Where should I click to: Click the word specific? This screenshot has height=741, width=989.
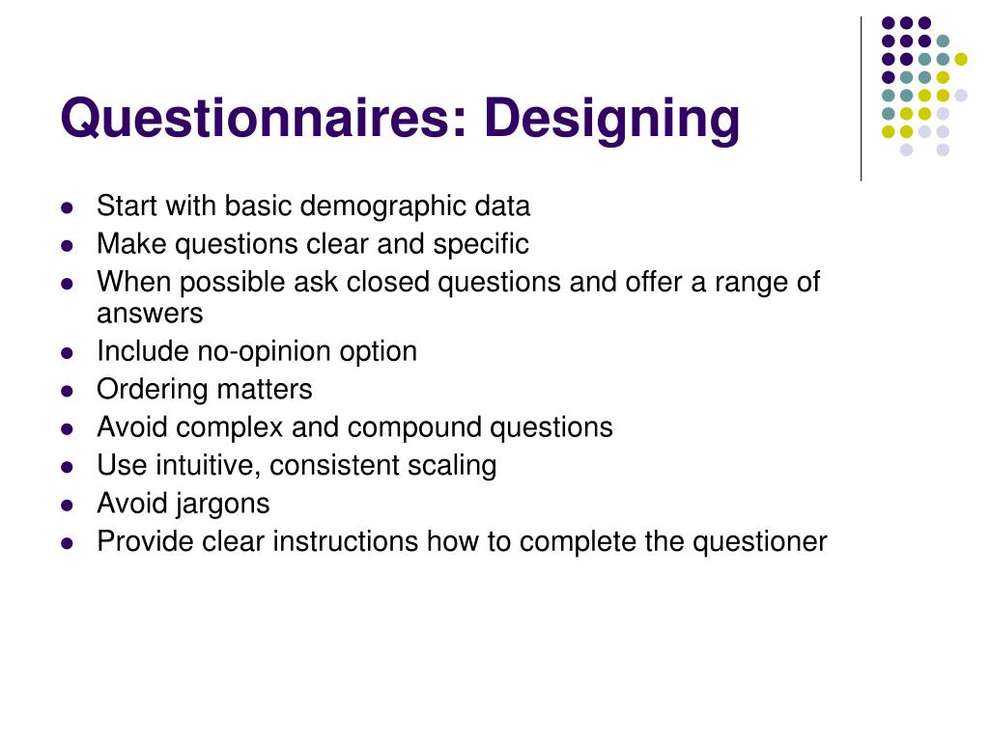pos(481,244)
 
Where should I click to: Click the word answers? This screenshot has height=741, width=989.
pos(150,315)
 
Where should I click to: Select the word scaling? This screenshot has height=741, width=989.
pos(451,465)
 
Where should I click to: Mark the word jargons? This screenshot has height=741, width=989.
pos(224,504)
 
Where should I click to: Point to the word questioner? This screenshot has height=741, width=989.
pos(759,541)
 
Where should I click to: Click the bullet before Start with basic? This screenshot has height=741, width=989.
pos(67,207)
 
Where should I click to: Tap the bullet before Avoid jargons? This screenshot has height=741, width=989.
pos(67,505)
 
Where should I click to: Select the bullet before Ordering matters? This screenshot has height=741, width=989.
pos(67,391)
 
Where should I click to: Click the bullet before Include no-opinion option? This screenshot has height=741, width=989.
pos(67,352)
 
